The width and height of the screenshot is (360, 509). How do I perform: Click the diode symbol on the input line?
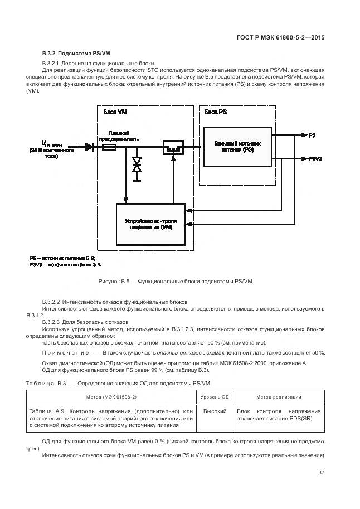89,147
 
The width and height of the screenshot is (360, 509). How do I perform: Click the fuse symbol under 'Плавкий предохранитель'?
109,147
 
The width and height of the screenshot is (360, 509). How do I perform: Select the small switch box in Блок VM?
172,148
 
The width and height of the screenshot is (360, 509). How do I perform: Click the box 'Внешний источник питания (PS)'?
237,147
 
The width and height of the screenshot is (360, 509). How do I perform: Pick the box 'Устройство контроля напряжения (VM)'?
150,224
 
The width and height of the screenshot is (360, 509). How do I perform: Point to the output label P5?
312,135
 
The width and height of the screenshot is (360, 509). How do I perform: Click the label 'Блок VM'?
115,112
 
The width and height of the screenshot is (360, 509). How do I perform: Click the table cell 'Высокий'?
215,411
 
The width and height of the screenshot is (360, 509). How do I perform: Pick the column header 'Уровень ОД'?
215,397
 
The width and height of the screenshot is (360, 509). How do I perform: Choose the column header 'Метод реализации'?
279,397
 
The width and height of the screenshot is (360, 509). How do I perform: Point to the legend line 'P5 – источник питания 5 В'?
62,259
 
